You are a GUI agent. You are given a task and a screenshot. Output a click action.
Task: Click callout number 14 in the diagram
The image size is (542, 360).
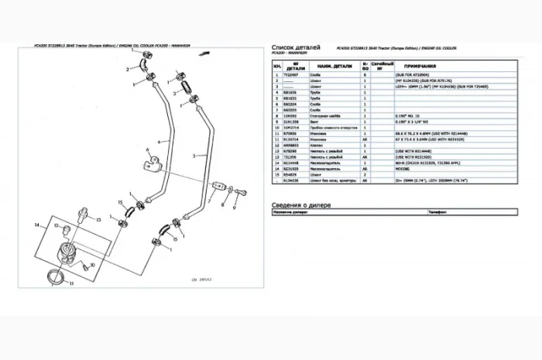(x=36, y=225)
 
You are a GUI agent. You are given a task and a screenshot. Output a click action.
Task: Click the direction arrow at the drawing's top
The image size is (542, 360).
(x=204, y=55)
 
